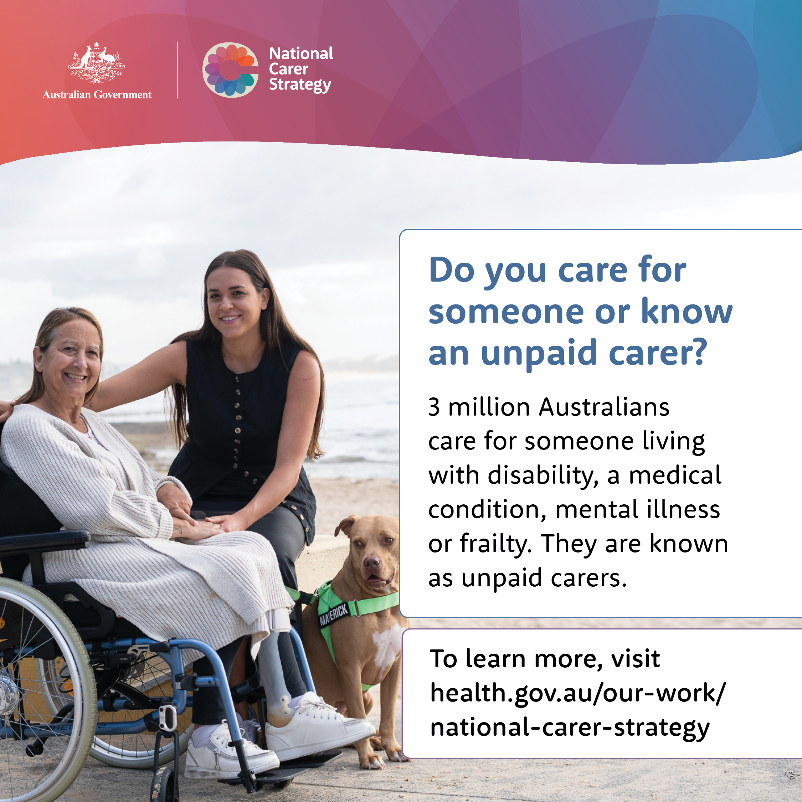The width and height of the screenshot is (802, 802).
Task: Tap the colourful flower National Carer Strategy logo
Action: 230,70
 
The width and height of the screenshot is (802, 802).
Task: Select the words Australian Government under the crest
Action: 97,95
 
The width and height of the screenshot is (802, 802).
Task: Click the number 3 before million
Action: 434,407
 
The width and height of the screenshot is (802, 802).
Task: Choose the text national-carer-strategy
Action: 570,729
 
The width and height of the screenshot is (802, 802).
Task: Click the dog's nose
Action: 371,563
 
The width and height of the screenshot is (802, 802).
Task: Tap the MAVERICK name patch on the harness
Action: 333,615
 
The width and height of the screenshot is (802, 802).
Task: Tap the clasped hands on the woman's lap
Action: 199,525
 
